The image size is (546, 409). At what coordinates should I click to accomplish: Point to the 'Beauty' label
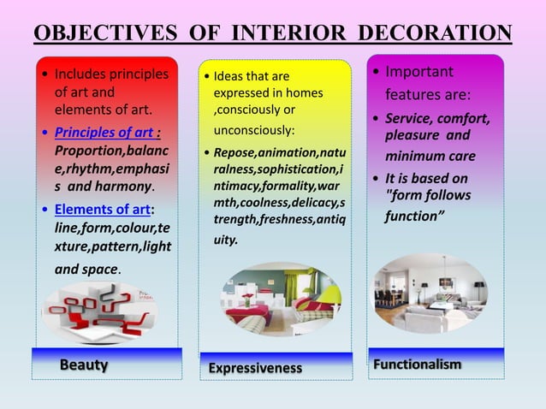coord(84,365)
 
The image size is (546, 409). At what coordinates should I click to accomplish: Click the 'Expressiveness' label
coord(256,368)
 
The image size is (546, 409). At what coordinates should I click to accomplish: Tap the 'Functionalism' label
coord(417,365)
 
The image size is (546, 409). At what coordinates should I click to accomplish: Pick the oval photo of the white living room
coord(430,293)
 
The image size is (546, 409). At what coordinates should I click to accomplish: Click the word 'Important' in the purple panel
coord(419,71)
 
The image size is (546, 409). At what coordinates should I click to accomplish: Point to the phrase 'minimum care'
coord(429,157)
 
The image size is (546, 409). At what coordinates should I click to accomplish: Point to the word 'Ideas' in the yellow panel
coord(228,76)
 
